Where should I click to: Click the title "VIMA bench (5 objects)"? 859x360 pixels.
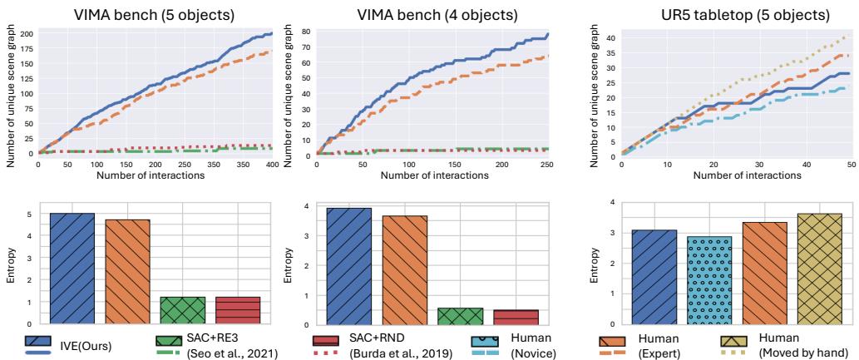(154, 15)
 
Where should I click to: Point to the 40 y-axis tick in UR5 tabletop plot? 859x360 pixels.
(609, 38)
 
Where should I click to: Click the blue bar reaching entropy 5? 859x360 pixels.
(72, 268)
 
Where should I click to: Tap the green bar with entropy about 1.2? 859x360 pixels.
(182, 310)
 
